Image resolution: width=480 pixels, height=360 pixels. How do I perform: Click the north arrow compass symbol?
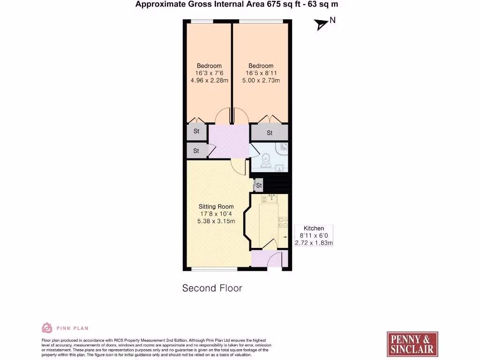tap(322, 24)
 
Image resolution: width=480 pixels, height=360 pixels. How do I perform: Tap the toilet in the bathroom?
tap(266, 161)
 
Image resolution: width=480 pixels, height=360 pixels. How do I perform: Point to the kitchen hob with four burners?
tap(283, 222)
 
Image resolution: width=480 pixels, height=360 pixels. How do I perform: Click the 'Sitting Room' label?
tap(216, 207)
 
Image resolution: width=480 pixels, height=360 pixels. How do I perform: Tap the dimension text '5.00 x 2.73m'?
tap(261, 81)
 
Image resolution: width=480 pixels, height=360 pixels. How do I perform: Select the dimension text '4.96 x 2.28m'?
tap(209, 81)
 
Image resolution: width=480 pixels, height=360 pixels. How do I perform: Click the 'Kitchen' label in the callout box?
tap(314, 228)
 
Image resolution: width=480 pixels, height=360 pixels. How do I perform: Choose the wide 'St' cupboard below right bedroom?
tap(270, 133)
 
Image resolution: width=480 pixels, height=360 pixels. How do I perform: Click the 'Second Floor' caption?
tap(212, 288)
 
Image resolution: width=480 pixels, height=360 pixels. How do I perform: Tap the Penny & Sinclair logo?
tap(412, 345)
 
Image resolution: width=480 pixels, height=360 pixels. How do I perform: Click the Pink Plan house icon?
tap(47, 328)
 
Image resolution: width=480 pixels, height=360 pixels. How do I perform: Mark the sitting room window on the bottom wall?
tap(215, 269)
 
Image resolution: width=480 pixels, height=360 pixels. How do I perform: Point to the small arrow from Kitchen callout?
tap(285, 237)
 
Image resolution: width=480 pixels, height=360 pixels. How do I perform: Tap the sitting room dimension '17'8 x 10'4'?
tap(216, 214)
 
